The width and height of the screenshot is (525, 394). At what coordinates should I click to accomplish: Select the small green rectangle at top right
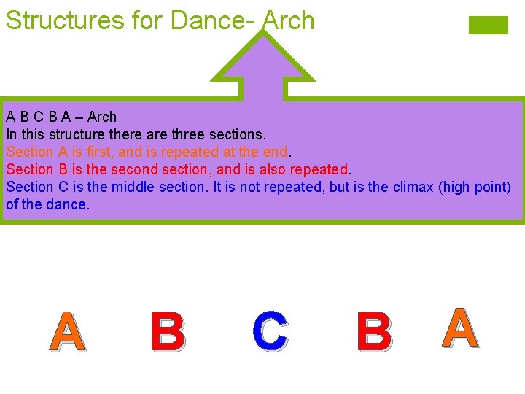[488, 25]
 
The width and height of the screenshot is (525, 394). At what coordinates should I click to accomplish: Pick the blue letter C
[270, 331]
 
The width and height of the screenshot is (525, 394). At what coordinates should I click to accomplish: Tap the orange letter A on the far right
[460, 328]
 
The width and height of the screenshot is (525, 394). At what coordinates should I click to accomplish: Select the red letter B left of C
[168, 331]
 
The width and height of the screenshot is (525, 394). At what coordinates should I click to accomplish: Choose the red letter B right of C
[374, 331]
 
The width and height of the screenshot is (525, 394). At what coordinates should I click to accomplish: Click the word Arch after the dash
[102, 117]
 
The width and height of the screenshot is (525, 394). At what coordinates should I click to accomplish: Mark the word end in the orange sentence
[276, 152]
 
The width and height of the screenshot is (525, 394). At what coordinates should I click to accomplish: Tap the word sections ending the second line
[241, 134]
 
